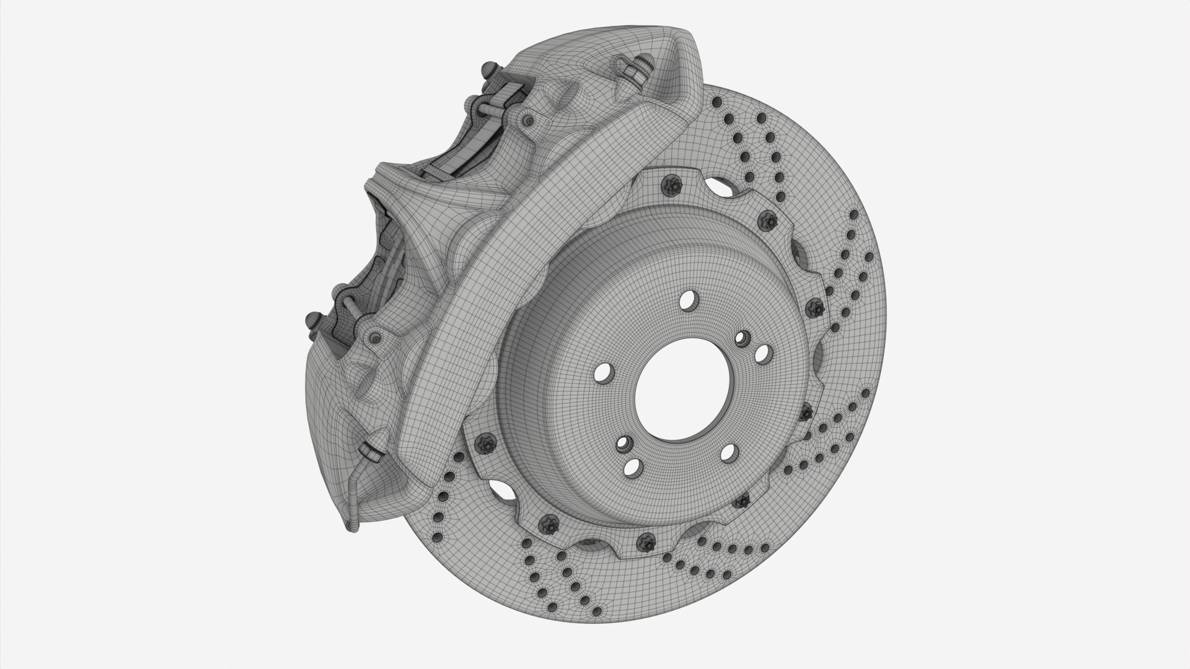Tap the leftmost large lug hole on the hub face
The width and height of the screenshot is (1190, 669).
(601, 374)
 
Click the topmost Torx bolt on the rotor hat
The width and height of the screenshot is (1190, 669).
(670, 184)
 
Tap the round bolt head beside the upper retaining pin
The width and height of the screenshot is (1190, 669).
(527, 119)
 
